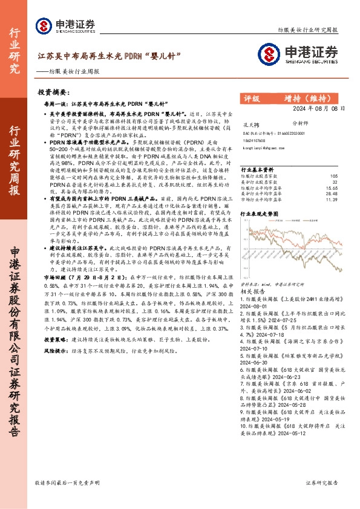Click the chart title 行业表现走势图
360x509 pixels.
tap(261, 213)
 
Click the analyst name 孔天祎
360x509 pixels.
tap(248, 122)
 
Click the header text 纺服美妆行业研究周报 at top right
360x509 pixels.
tap(308, 28)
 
